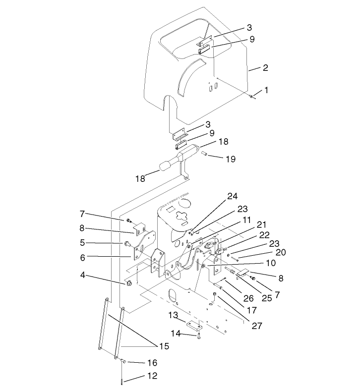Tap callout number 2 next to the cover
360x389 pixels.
point(266,68)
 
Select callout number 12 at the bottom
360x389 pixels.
point(152,376)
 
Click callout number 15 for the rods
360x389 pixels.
point(163,346)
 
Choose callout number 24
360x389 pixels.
point(233,196)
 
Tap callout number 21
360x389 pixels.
point(261,224)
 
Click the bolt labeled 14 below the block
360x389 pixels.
point(198,337)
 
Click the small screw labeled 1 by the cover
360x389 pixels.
point(252,96)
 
